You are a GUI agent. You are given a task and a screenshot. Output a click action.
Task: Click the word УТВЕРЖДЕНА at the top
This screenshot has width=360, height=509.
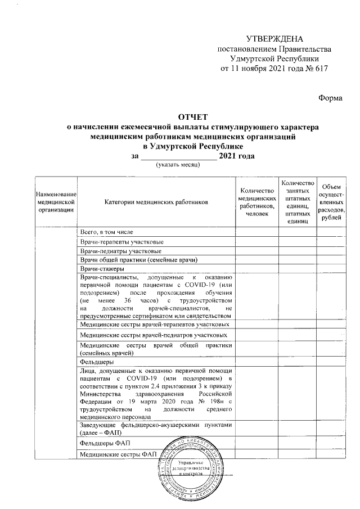tap(275, 39)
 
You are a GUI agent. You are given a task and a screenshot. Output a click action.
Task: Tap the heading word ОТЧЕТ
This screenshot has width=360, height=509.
tap(192, 118)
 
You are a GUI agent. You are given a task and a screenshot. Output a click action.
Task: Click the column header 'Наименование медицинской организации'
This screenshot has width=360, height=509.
tap(54, 201)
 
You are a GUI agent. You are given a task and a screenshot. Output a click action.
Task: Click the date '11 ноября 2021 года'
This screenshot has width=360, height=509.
tap(261, 67)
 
